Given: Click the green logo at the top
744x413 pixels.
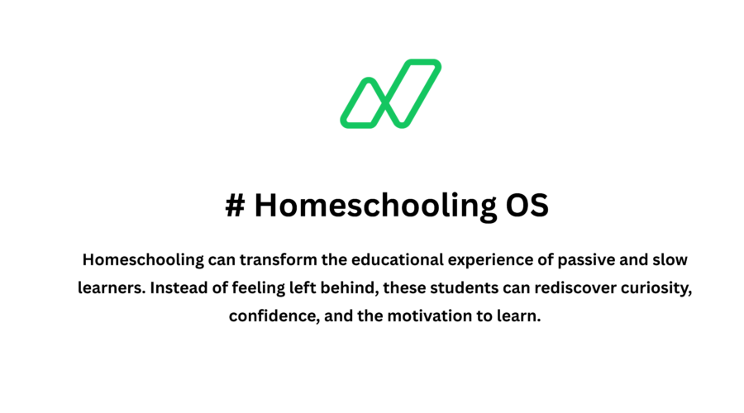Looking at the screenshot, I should click(390, 93).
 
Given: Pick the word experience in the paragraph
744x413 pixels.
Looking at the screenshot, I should click(491, 260).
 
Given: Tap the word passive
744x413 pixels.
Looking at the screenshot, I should click(587, 260).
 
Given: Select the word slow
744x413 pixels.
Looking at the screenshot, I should click(670, 260).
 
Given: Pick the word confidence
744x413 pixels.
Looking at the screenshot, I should click(270, 316).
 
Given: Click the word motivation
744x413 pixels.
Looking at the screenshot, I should click(434, 316).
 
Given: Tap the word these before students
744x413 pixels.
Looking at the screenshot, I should click(384, 288).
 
